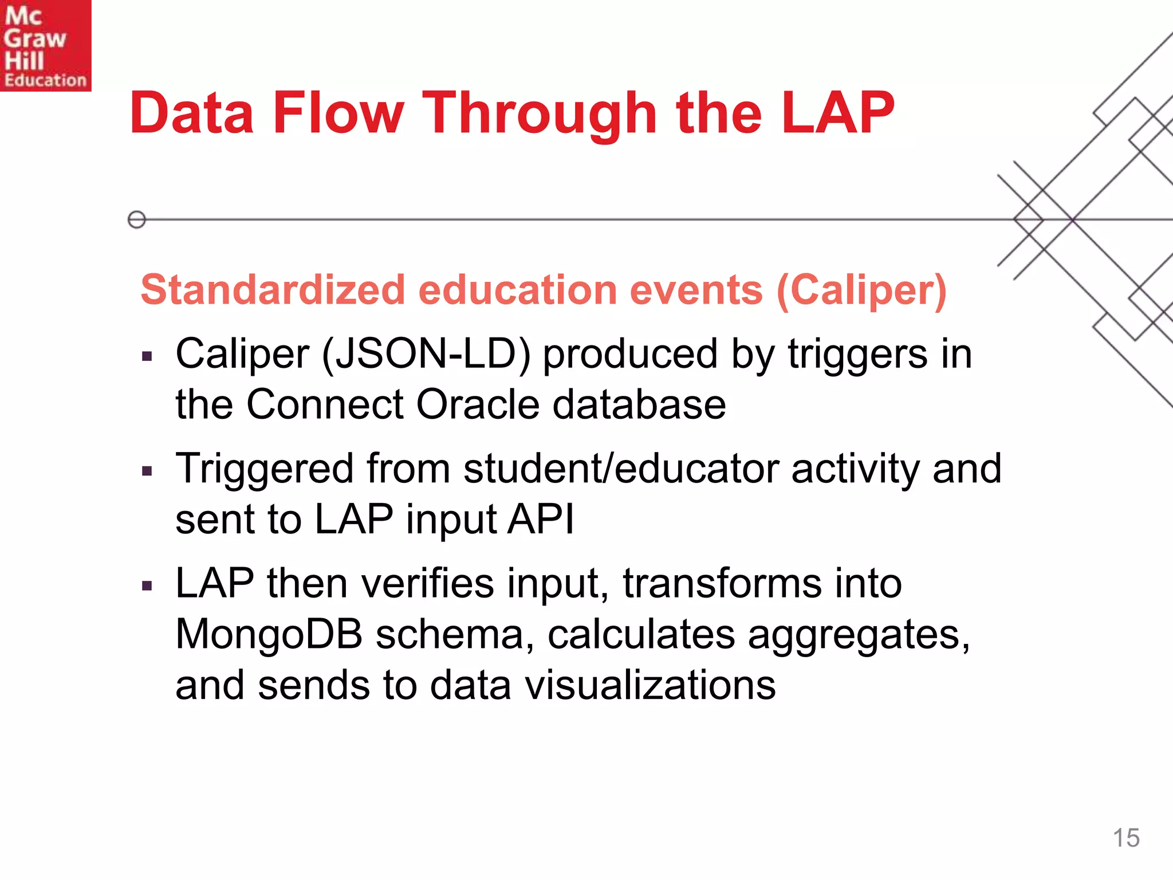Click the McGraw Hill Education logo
45,45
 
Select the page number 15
1125,838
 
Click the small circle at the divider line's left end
137,219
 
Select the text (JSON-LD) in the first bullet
427,354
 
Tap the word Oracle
478,404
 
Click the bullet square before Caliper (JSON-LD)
147,357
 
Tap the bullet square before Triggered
147,472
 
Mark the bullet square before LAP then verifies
147,586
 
